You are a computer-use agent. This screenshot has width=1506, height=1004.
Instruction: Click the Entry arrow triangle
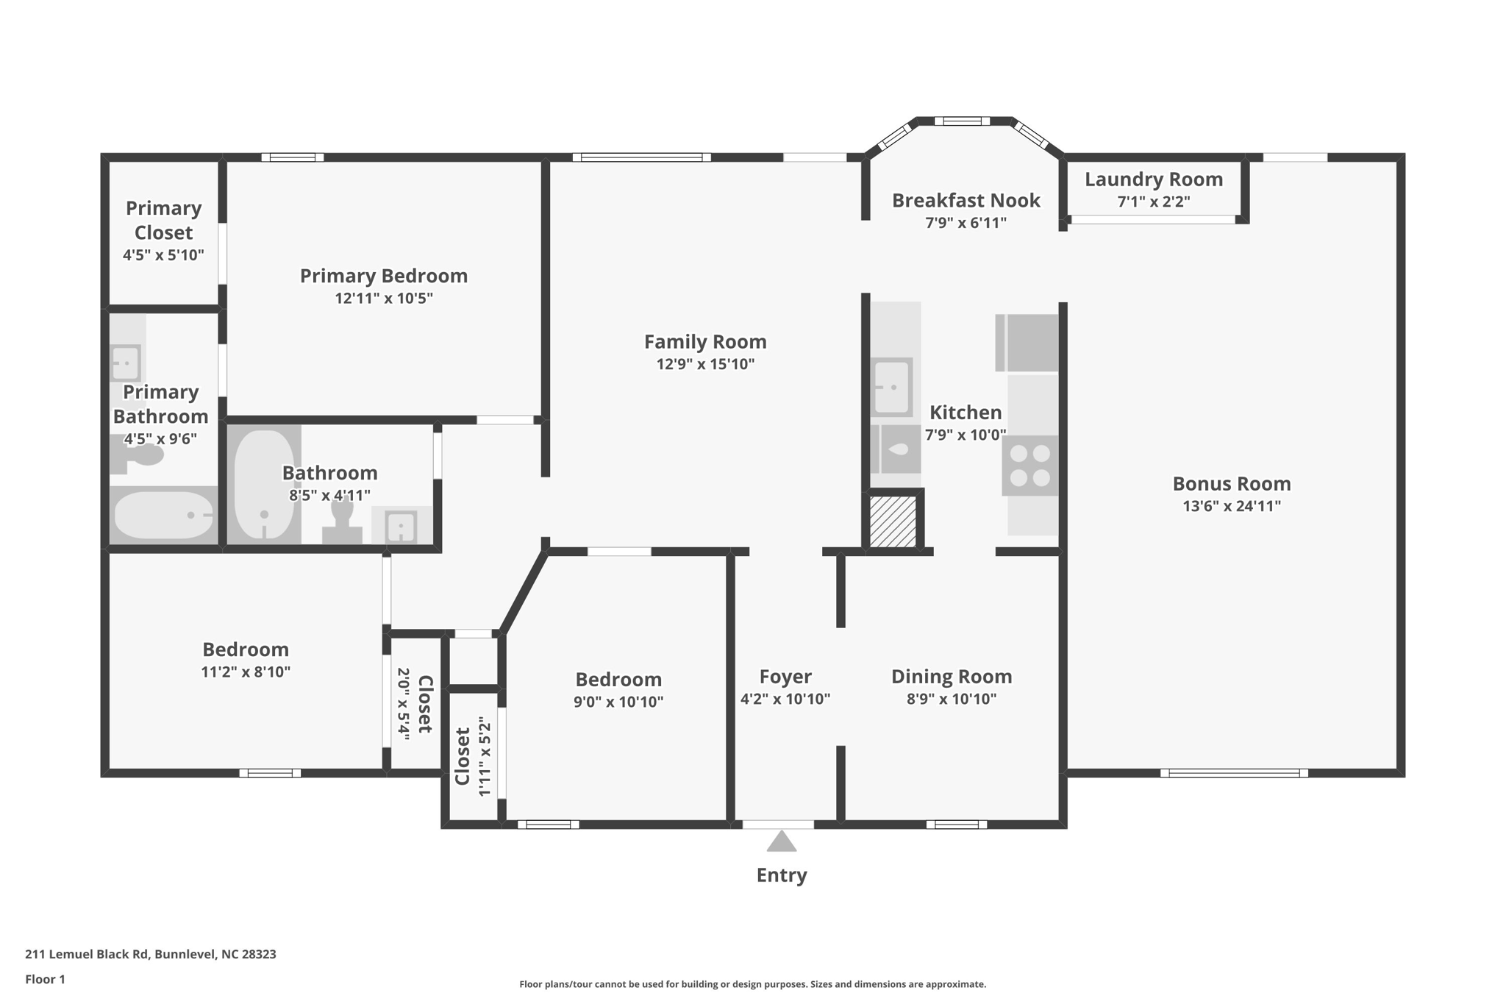[x=781, y=841]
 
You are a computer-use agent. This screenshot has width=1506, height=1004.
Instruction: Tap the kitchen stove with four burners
[x=1029, y=466]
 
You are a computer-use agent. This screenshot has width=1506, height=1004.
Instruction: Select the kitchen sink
[x=891, y=387]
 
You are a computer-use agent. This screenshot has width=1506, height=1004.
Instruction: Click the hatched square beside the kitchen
[x=893, y=521]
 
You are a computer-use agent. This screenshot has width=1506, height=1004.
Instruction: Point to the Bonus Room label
[x=1231, y=483]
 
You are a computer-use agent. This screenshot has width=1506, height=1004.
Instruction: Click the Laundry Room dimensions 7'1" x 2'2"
[x=1154, y=202]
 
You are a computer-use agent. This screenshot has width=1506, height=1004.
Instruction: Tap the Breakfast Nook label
[x=966, y=200]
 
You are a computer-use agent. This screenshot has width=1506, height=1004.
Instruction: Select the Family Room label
[x=705, y=341]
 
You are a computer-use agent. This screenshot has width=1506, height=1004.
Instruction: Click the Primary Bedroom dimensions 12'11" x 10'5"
[x=384, y=298]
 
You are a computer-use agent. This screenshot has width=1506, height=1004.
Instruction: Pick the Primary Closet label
[x=163, y=220]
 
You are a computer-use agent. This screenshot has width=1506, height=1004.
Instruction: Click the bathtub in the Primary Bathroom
[x=164, y=515]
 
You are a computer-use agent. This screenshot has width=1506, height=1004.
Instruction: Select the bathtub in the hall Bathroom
[x=264, y=484]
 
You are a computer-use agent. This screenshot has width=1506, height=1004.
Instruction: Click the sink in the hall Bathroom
[x=402, y=527]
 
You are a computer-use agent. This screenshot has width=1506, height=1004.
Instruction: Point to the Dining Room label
[x=952, y=676]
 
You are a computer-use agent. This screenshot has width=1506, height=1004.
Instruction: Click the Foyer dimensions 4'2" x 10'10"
[x=785, y=699]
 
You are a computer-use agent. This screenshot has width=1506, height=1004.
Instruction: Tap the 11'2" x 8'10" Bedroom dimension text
[x=246, y=672]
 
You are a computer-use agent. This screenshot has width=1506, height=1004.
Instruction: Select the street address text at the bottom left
[x=151, y=954]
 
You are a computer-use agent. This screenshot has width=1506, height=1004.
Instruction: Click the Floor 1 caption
[x=45, y=979]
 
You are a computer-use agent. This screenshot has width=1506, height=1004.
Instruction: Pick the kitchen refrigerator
[x=1027, y=343]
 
